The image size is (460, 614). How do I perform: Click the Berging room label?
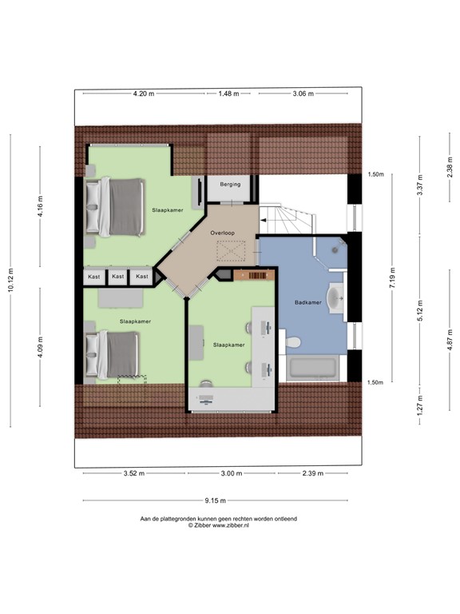230,184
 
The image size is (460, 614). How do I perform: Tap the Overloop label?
223,233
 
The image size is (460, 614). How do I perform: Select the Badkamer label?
308,302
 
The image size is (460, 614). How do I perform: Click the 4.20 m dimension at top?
144,94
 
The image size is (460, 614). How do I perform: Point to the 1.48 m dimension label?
229,94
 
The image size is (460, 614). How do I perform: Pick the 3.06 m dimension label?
303,94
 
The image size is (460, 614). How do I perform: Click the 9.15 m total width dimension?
216,500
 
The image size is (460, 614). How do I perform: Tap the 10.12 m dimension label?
10,280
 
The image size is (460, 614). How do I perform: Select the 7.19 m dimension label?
392,278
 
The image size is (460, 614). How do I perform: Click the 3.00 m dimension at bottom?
232,473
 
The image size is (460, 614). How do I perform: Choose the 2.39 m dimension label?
313,473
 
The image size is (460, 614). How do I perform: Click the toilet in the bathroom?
290,342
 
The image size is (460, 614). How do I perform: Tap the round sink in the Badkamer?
335,298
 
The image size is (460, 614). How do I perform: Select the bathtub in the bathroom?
312,368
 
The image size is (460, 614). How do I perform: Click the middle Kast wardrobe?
117,277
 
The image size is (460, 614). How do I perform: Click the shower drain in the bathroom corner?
335,249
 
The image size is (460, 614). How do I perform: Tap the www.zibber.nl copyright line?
219,525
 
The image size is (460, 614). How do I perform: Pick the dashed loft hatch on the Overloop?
231,251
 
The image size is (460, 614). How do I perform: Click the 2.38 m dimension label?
450,167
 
